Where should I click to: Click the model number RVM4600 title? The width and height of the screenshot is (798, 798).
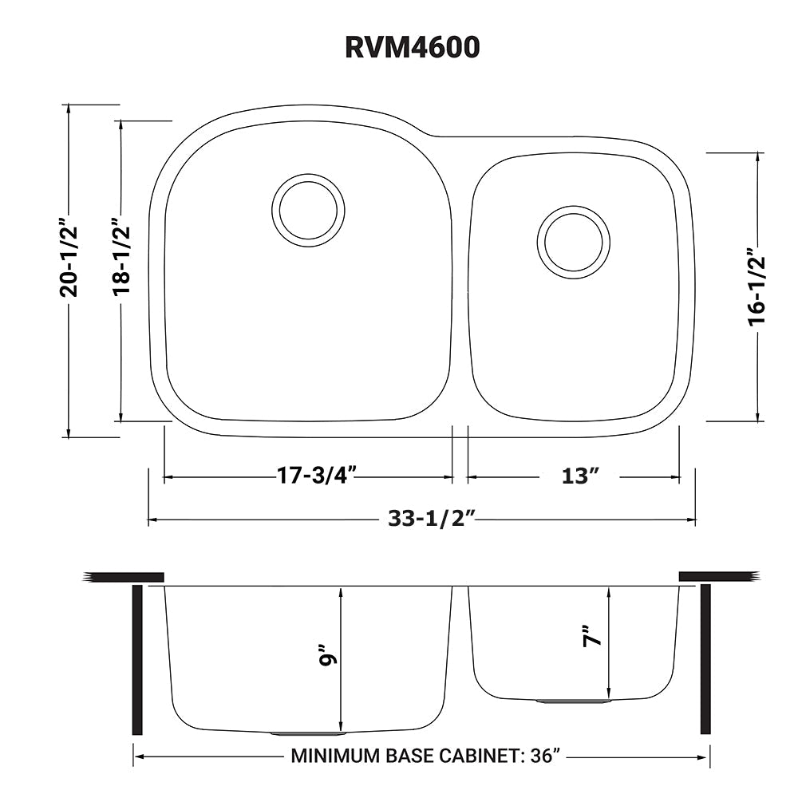point(413,47)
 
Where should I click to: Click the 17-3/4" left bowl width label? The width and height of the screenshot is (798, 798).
point(315,476)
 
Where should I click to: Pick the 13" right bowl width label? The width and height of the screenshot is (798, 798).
point(580,476)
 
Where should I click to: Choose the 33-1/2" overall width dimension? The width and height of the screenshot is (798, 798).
point(432,519)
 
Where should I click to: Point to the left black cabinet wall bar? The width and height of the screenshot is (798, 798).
point(137,659)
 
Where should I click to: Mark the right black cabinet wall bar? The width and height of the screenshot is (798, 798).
point(705,659)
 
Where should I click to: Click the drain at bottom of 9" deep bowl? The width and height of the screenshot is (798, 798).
point(307,732)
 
